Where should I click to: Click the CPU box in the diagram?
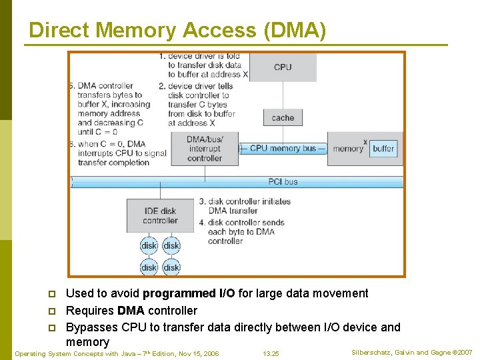coord(283,67)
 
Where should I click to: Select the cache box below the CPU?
coord(283,118)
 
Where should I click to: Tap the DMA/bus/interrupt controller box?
coord(205,149)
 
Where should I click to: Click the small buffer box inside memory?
coord(383,149)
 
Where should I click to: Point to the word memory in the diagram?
coord(347,149)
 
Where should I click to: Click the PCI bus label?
coord(282,181)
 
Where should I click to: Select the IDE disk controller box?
coord(160,216)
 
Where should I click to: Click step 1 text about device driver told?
coord(203,65)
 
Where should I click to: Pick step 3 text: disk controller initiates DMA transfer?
coord(245,206)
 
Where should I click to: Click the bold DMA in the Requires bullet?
coord(131,311)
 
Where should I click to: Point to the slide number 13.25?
coord(271,353)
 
